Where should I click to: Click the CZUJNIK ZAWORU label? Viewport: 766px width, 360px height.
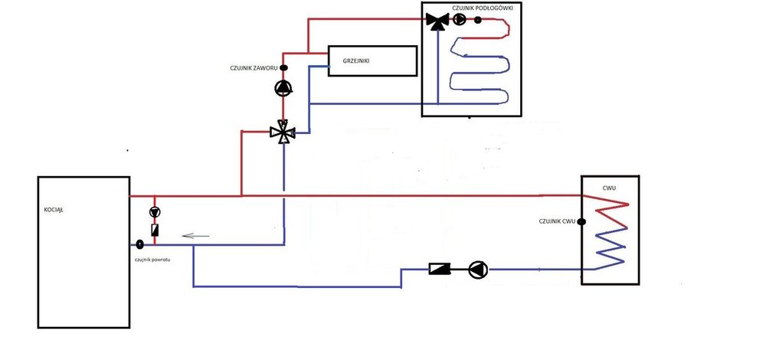pos(254,67)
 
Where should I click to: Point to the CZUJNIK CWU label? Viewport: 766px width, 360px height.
pos(557,222)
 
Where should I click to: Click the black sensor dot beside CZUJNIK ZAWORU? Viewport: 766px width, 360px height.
pos(283,67)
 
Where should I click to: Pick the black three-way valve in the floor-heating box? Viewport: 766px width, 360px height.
pos(438,21)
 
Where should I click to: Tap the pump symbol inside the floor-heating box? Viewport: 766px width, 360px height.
pos(459,21)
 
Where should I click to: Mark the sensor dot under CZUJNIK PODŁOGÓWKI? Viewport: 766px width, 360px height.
pos(478,21)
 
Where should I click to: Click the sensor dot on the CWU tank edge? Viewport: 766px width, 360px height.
pos(580,222)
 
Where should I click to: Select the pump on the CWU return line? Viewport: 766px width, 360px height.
pos(478,268)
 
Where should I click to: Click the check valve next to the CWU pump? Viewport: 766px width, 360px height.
pos(440,268)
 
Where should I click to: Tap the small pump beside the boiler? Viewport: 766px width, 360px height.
pos(155,212)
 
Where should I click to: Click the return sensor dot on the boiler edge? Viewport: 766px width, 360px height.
pos(140,245)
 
